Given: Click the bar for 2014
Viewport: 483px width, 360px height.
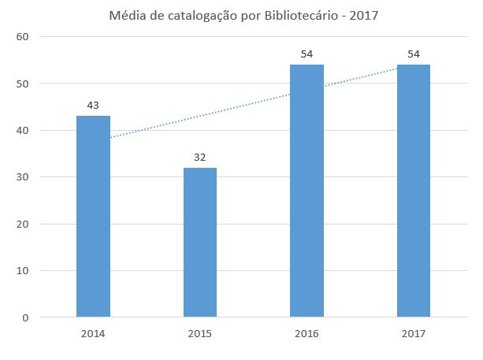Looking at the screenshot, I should pos(93,217).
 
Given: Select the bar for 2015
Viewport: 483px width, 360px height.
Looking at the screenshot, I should pos(200,243).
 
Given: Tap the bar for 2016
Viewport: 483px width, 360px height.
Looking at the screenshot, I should pos(307,191).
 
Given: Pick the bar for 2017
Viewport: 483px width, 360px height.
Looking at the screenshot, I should pos(414,191).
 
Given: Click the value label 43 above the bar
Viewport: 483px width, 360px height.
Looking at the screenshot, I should pos(93,106).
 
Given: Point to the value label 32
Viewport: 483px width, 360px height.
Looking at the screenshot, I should pos(200,157).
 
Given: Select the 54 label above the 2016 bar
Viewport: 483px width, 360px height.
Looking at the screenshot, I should pos(307,54).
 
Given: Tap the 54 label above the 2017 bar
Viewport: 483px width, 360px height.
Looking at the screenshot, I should pos(414,54).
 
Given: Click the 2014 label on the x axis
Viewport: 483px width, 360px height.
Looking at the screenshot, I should pos(93,334).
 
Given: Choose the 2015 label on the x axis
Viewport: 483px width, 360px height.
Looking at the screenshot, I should pos(200,334).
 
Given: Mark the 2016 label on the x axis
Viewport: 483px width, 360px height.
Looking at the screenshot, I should pos(307,334).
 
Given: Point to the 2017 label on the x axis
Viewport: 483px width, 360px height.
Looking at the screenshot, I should pos(414,334).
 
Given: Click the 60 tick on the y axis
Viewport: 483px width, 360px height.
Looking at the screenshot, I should pos(23,36).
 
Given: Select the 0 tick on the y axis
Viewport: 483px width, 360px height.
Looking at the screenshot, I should pos(26,317).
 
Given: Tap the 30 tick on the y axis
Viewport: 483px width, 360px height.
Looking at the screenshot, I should pos(23,177).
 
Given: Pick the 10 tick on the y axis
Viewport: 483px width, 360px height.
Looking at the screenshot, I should pos(23,271).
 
